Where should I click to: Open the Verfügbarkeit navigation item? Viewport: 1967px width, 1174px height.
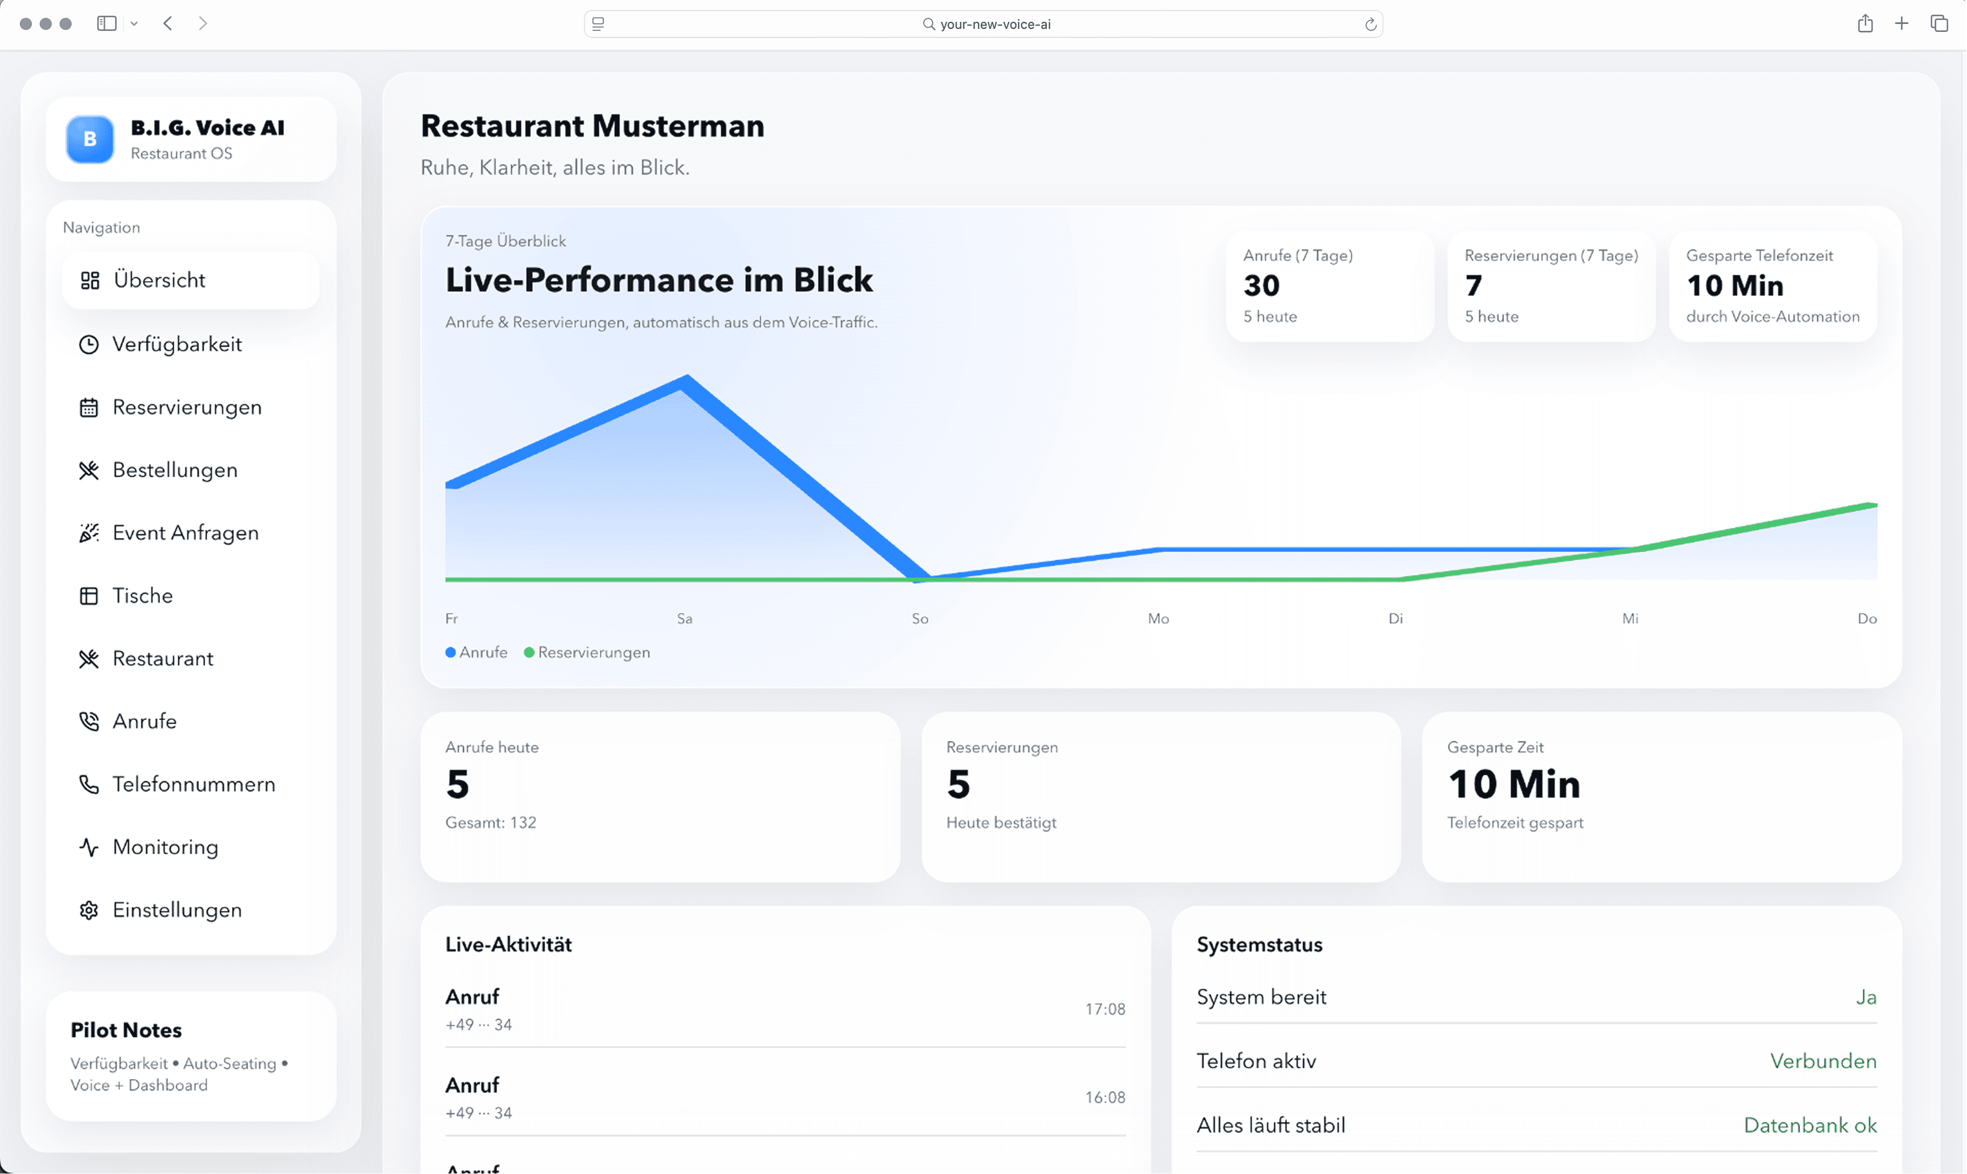pos(176,344)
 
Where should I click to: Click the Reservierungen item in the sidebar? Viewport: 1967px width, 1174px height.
pos(187,407)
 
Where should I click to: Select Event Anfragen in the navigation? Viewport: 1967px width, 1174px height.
pos(185,533)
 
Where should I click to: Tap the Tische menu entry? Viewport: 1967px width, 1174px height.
pos(143,596)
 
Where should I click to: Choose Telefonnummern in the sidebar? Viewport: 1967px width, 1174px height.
pos(194,784)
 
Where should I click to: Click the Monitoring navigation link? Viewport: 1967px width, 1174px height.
pos(165,847)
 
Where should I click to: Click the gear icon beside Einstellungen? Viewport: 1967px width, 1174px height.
pos(88,911)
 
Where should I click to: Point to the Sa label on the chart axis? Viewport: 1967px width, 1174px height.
pos(685,619)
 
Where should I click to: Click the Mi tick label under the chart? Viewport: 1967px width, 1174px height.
pos(1630,619)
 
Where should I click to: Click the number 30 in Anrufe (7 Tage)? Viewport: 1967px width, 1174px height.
pos(1261,286)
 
